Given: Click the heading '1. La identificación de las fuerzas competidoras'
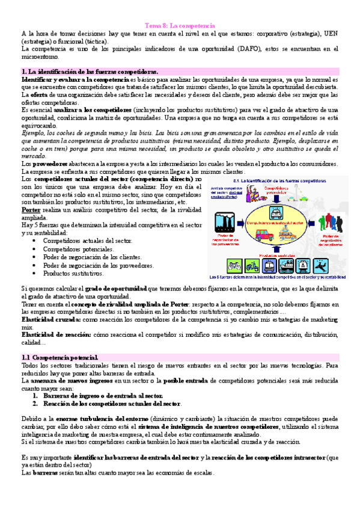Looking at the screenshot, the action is click(90, 72).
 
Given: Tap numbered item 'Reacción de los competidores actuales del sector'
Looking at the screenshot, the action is click(112, 404).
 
